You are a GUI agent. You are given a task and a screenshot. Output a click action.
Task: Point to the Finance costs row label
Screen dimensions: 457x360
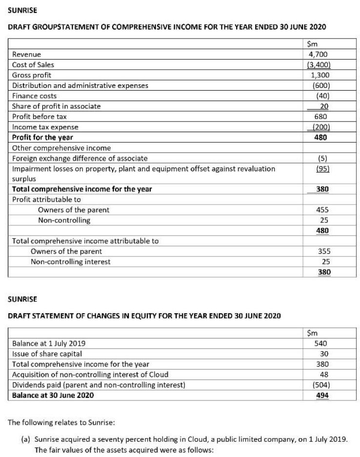[x=34, y=96]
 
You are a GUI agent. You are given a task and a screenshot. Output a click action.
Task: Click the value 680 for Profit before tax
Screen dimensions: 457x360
[x=320, y=117]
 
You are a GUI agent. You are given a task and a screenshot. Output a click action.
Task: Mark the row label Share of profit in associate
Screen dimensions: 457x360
[x=57, y=106]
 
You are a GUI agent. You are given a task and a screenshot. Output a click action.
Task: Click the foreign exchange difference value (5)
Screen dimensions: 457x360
[x=321, y=158]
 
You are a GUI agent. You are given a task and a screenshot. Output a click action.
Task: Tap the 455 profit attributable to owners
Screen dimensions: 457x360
[x=321, y=210]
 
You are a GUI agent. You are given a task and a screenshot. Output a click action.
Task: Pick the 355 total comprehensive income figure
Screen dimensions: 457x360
[x=321, y=251]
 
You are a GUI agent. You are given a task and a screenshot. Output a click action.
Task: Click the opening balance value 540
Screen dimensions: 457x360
[x=321, y=343]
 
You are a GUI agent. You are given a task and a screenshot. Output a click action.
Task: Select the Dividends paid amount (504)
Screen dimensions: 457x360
[x=320, y=385]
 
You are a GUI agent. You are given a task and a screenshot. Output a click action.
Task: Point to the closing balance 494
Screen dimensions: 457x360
[x=321, y=396]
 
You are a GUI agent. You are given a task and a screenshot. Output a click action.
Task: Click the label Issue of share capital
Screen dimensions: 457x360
[x=47, y=354]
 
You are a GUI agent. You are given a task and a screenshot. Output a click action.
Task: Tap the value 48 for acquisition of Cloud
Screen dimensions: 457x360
[x=323, y=375]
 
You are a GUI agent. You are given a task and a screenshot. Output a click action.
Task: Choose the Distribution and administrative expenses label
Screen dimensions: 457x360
[x=80, y=86]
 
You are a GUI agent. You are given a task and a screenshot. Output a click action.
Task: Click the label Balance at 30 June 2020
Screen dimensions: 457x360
[x=53, y=396]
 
